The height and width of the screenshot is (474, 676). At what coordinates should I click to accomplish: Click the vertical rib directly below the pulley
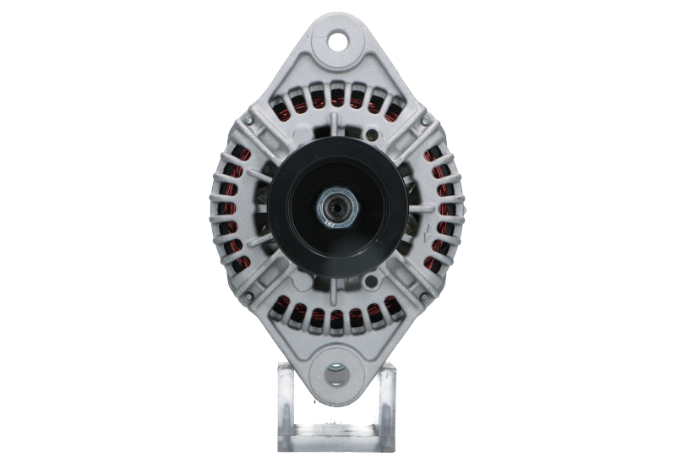tap(337, 291)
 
